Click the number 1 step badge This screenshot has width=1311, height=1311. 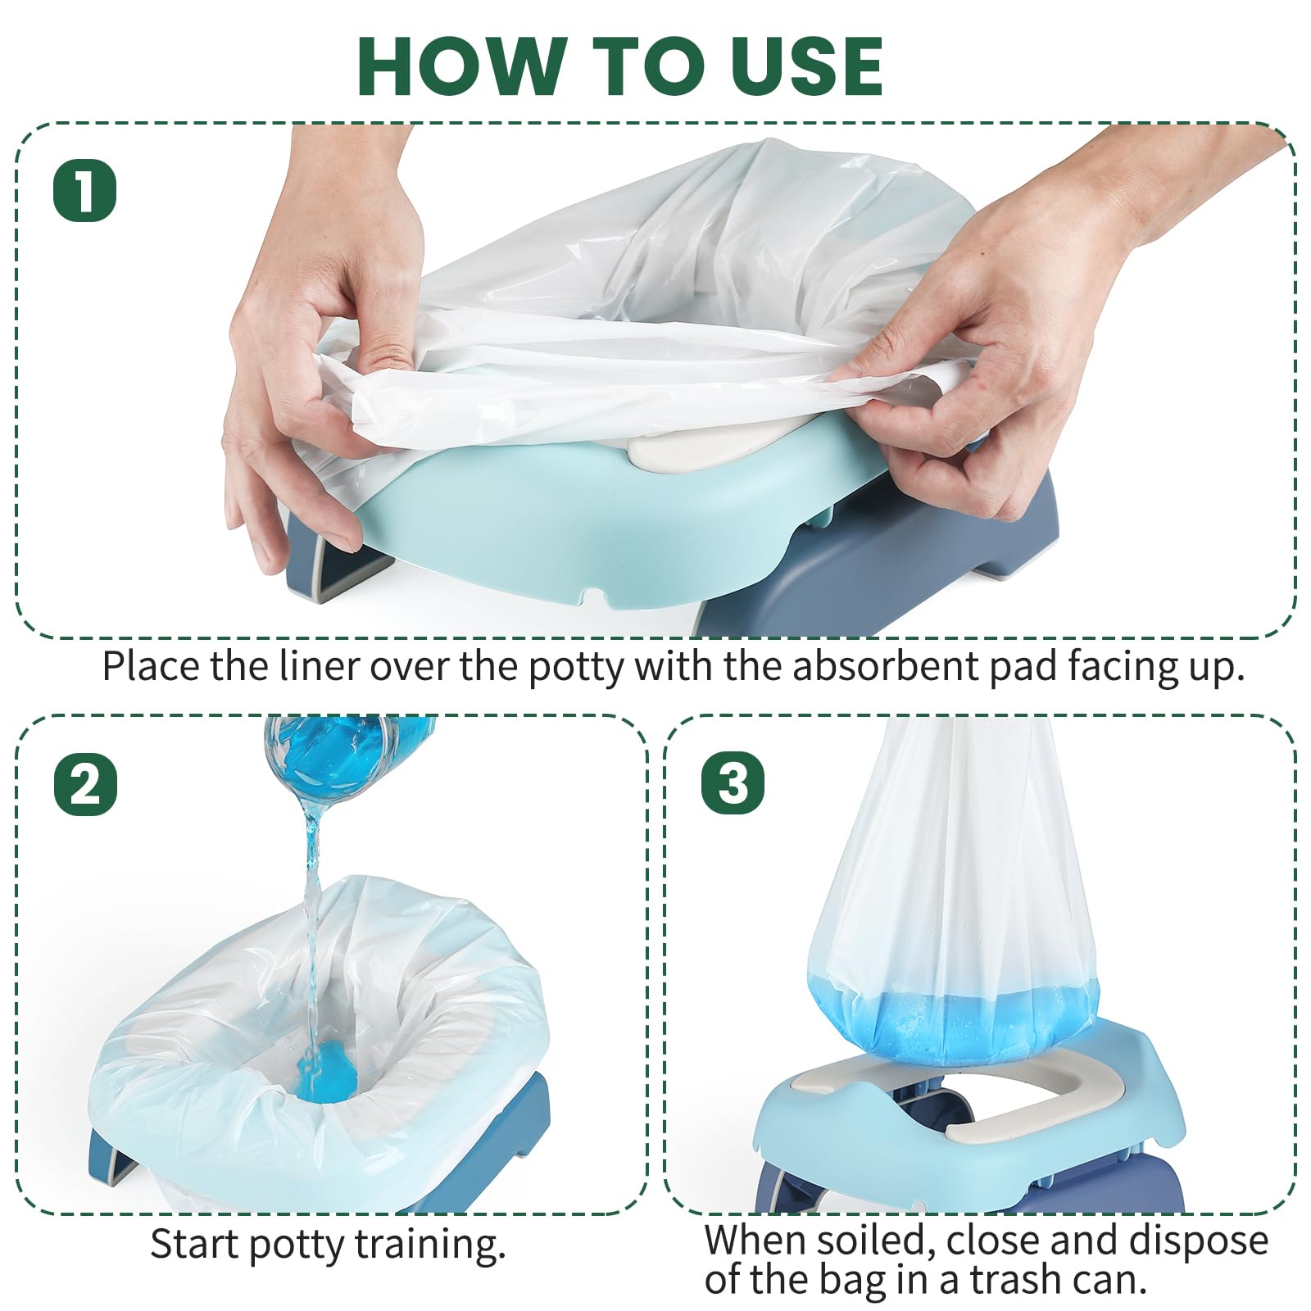(85, 190)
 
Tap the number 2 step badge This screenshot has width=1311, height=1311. (85, 784)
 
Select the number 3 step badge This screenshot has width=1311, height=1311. (733, 783)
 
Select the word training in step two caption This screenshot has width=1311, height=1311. (429, 1245)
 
